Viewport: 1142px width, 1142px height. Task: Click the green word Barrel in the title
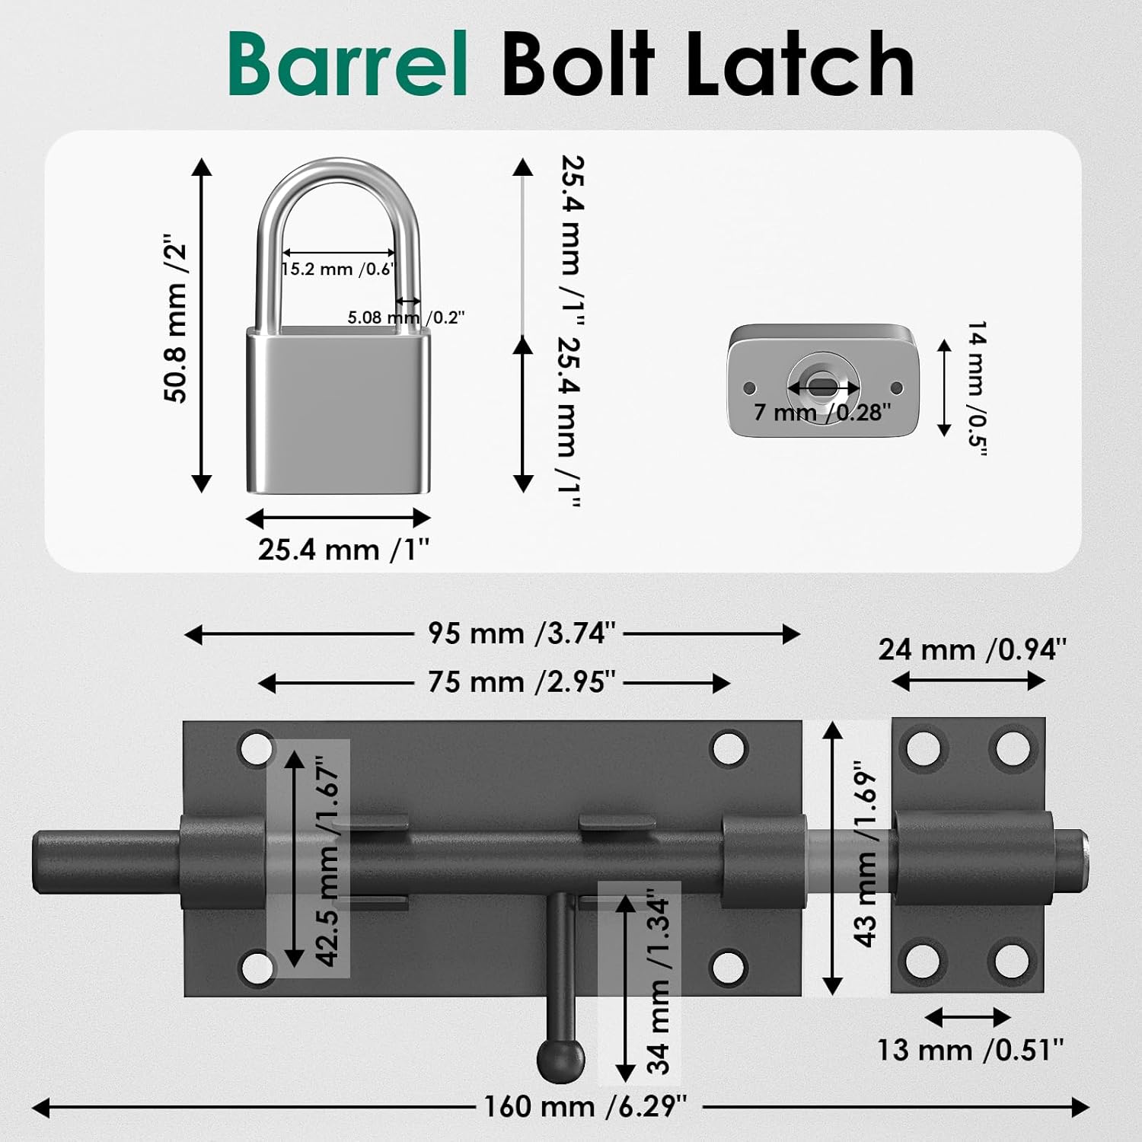347,65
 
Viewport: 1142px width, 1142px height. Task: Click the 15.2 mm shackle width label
337,270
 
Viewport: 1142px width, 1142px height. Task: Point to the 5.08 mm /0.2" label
405,317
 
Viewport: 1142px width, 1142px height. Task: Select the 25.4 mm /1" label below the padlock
343,550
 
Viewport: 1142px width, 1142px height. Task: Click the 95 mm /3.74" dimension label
522,633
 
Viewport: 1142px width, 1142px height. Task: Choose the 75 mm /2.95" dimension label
522,682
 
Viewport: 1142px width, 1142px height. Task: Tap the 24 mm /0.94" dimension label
972,649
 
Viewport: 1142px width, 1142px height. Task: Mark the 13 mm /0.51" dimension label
970,1050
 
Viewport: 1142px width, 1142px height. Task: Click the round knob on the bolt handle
561,1058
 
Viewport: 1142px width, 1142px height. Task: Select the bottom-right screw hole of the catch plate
1013,961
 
